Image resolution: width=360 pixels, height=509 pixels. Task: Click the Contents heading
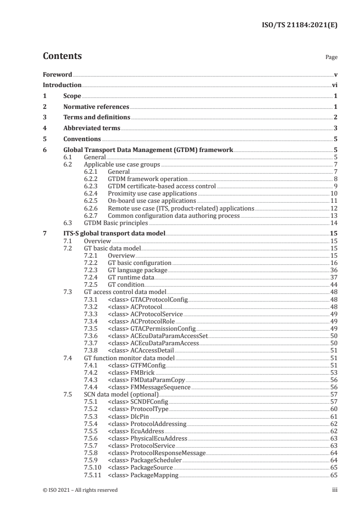coord(62,57)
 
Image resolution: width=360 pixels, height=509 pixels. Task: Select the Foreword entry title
coord(57,74)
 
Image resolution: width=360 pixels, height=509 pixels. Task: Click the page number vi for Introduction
coord(334,85)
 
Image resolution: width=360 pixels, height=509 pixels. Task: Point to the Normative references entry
coord(96,107)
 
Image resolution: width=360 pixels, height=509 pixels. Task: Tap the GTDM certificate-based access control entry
coord(162,186)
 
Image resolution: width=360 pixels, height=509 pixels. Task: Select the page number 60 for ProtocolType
coord(334,409)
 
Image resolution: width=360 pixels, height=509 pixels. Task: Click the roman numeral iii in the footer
coord(335,490)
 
